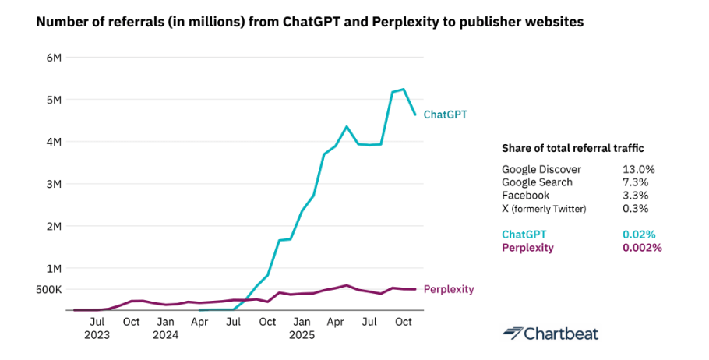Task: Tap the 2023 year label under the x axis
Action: (97, 335)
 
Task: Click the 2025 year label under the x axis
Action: (302, 335)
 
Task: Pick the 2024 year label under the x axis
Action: (165, 335)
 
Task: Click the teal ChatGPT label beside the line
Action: (445, 115)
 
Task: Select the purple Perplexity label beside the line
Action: (448, 290)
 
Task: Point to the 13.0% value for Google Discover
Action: (639, 169)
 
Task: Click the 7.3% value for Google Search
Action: (636, 182)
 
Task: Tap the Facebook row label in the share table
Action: (526, 196)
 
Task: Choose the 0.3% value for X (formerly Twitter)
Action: (636, 209)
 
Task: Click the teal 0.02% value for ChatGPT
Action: (639, 235)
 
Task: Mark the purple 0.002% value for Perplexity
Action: (642, 248)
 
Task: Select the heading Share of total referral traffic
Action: (573, 148)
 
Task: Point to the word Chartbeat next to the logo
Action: (560, 334)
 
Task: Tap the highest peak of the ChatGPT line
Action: (404, 89)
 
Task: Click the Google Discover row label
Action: (541, 169)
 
